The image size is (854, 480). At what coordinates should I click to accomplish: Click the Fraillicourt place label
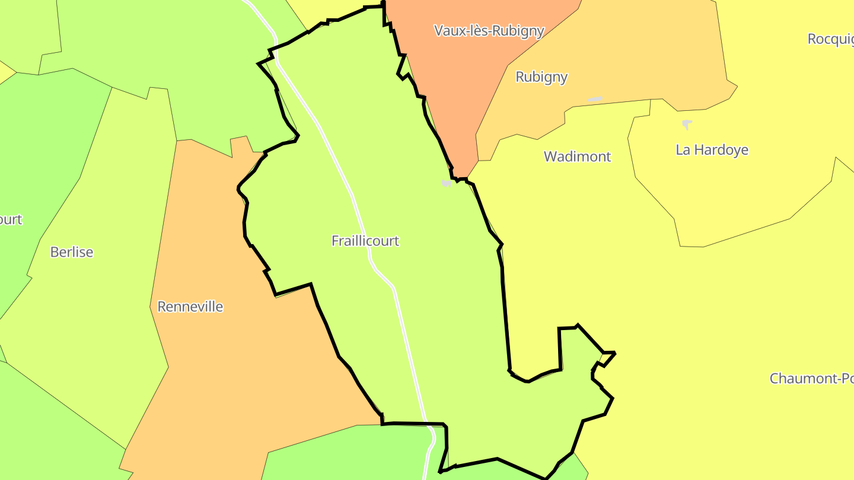point(365,241)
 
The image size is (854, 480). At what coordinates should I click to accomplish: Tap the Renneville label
point(190,307)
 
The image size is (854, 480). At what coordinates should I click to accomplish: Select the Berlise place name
point(72,252)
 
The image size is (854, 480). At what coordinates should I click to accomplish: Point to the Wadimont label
point(577,157)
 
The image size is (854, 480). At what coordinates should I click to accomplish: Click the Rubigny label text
point(541,77)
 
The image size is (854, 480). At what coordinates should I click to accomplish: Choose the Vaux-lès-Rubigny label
point(489,31)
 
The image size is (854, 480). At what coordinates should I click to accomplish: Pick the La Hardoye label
point(712,150)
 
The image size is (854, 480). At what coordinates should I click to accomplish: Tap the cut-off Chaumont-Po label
point(811,378)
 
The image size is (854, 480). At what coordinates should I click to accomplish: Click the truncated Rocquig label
point(830,39)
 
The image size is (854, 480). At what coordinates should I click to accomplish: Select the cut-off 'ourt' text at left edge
point(11,220)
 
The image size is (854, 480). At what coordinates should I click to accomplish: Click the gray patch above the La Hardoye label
point(687,124)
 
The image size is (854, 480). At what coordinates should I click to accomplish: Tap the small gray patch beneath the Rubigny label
point(595,100)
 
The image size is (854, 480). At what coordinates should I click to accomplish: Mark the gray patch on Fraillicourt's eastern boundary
point(447,184)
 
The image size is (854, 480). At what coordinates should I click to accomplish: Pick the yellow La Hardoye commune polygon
point(735,196)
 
